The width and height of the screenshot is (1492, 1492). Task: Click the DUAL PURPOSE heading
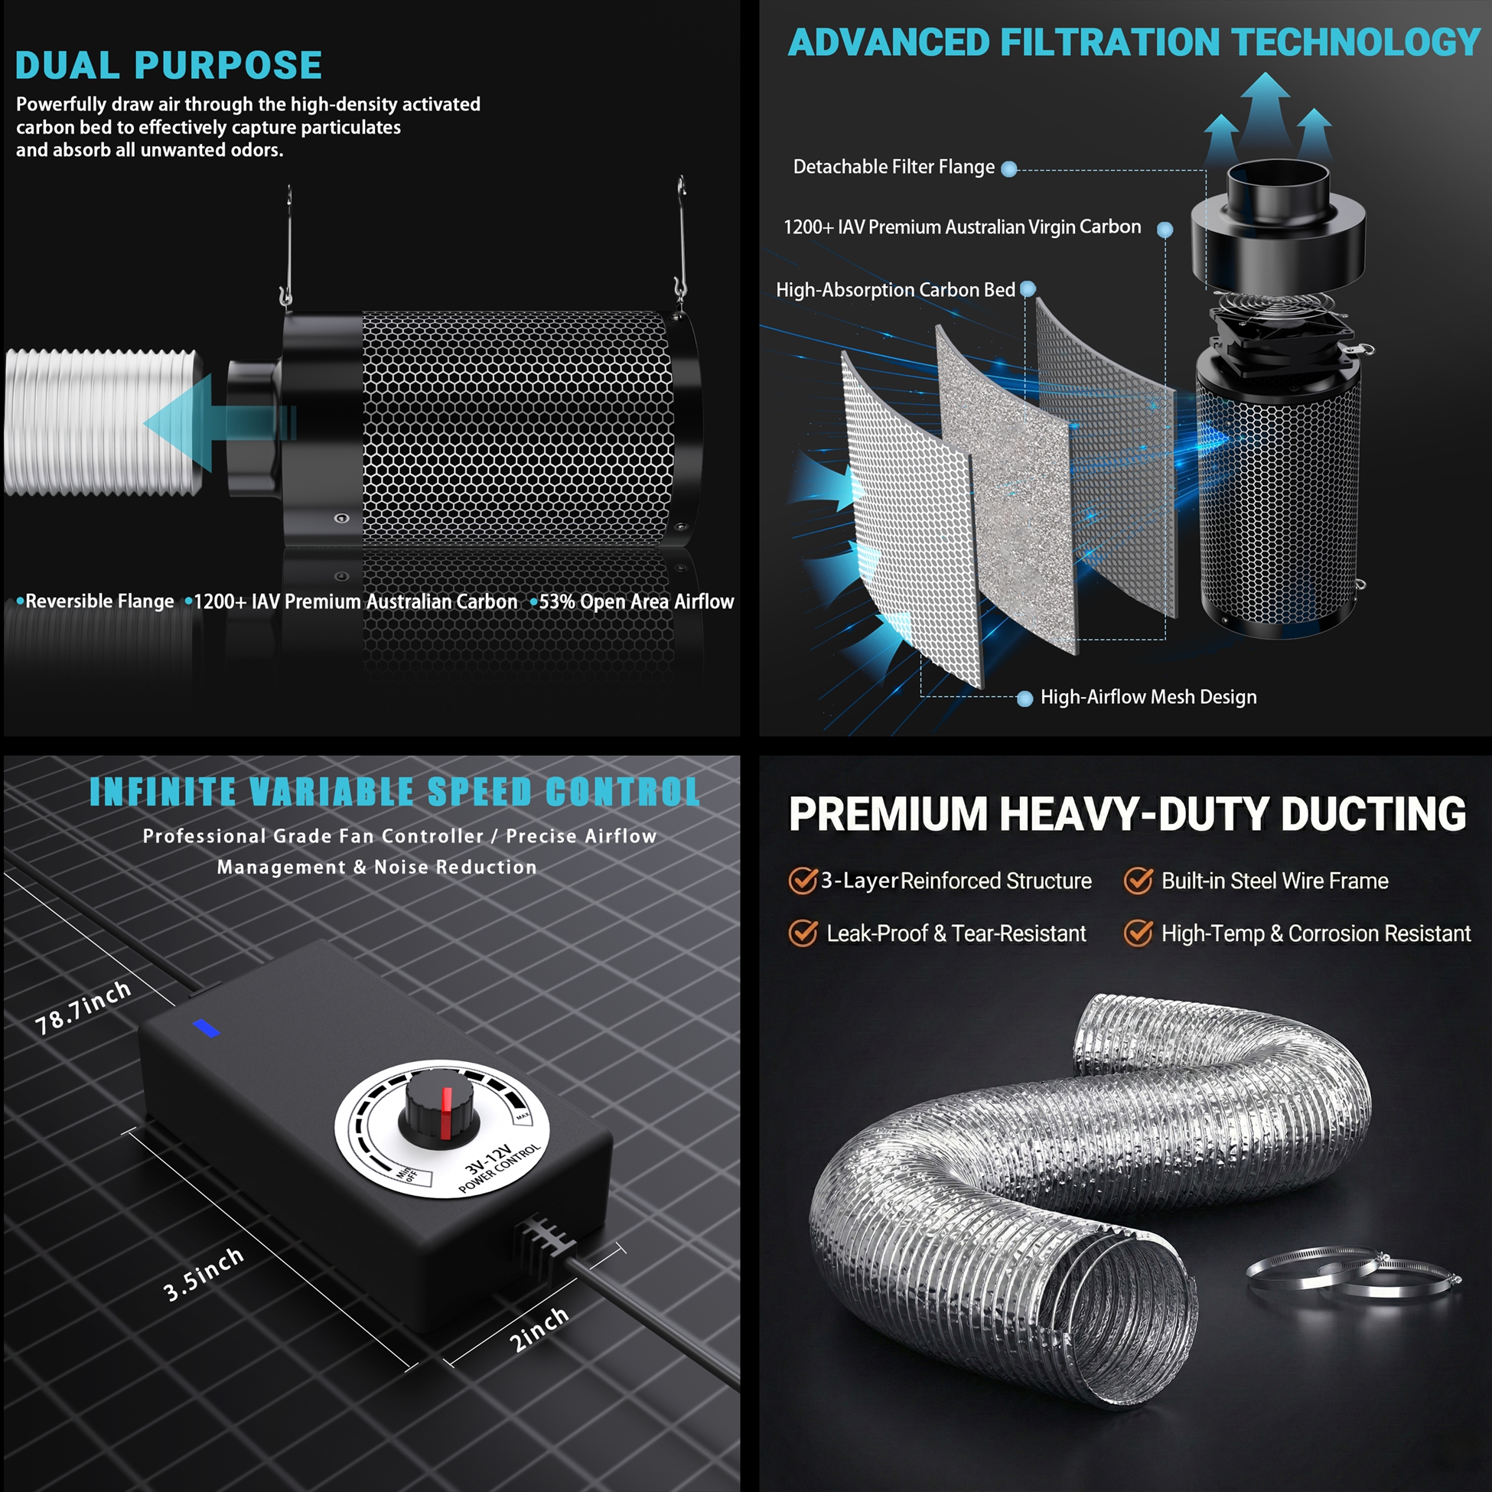(168, 65)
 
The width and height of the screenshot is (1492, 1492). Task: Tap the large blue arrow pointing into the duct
(220, 423)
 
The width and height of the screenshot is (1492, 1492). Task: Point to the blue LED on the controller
(206, 1028)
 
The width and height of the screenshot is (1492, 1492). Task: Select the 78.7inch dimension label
(83, 1008)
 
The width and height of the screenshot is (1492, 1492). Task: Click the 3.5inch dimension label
(204, 1274)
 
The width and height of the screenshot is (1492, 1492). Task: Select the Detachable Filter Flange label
(894, 167)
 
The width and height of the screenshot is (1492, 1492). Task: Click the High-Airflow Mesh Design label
(1148, 697)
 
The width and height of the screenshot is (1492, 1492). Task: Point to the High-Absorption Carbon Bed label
(895, 289)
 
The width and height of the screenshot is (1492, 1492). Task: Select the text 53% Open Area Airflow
(637, 601)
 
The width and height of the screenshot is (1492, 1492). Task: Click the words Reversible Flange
(99, 601)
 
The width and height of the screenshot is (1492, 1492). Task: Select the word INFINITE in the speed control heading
(163, 792)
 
